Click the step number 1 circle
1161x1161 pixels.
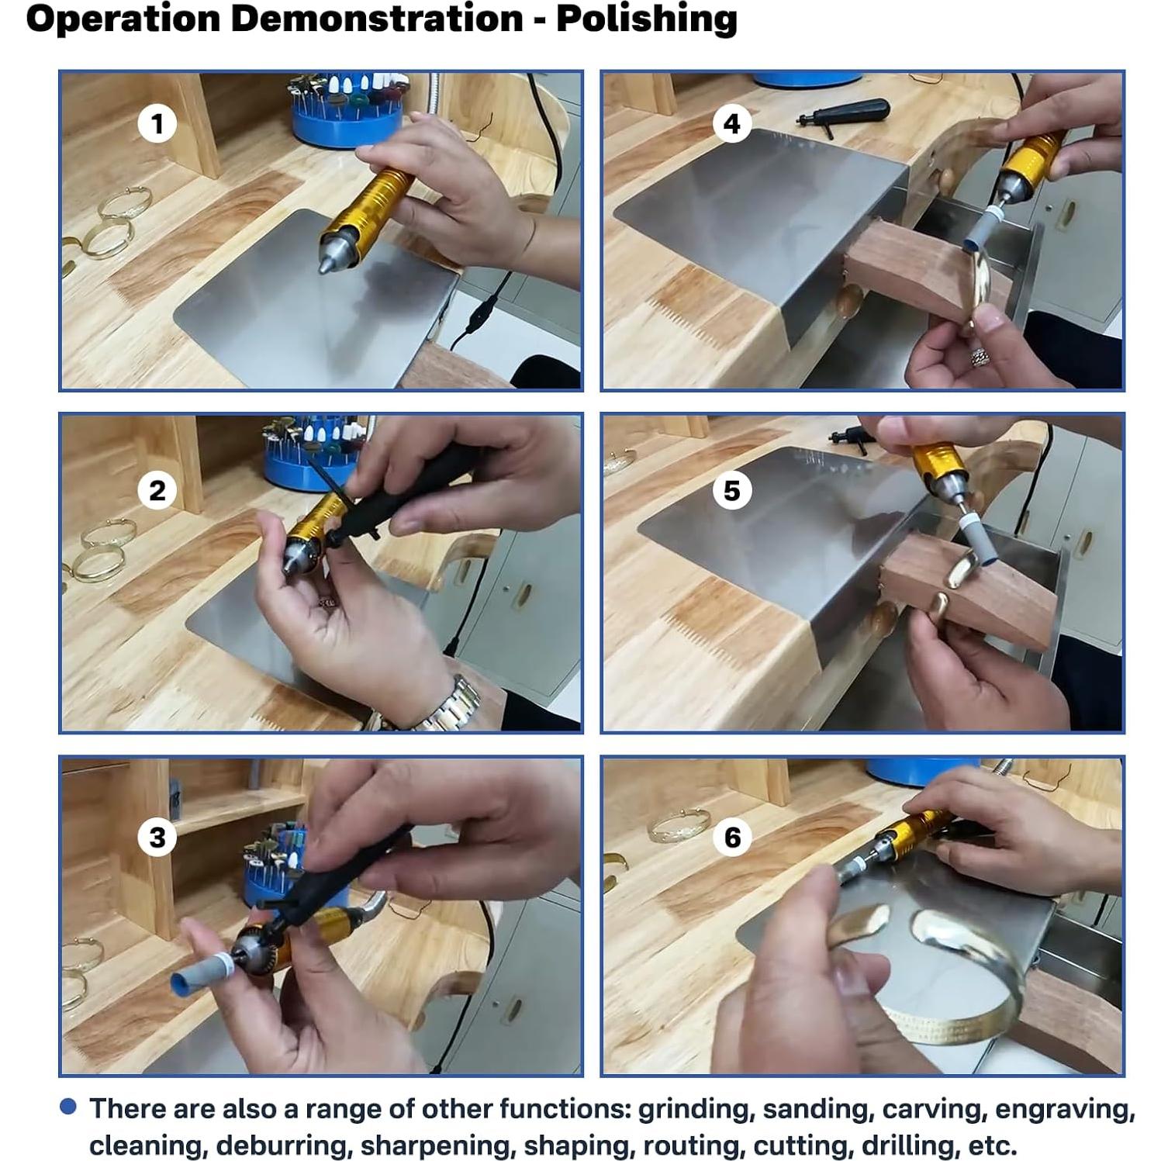(x=157, y=124)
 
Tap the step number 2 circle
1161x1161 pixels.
(x=157, y=491)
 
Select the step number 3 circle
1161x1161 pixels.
(x=157, y=838)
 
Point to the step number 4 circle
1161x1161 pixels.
(x=732, y=124)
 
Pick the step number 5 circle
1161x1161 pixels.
(x=732, y=491)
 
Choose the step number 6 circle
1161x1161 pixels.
(x=732, y=838)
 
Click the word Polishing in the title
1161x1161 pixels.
(x=646, y=19)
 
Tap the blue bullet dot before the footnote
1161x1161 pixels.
(x=68, y=1107)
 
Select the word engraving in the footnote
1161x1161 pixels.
(x=1065, y=1110)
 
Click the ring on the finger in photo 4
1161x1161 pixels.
(x=982, y=357)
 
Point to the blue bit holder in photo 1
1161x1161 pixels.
(x=347, y=115)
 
